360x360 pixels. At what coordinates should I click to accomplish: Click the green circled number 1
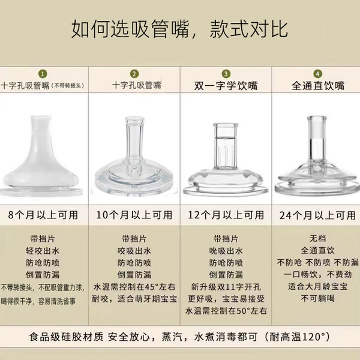(43, 74)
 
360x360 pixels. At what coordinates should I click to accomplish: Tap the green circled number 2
(134, 74)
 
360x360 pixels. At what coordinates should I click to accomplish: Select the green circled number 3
(226, 74)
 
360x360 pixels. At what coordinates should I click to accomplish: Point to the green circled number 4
(318, 74)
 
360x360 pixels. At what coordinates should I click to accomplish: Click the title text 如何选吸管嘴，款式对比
(179, 29)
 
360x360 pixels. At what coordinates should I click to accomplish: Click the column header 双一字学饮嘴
(226, 86)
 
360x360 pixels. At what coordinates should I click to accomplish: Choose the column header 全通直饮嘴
(318, 86)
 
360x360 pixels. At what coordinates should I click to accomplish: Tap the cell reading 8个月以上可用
(43, 215)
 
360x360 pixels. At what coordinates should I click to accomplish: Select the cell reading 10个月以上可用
(134, 215)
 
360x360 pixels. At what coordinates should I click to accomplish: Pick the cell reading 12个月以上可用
(226, 215)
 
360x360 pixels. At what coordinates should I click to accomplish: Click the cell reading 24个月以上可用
(318, 215)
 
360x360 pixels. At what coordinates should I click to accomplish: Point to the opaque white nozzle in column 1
(41, 156)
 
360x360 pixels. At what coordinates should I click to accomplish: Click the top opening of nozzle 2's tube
(134, 119)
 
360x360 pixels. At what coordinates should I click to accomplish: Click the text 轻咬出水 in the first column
(43, 251)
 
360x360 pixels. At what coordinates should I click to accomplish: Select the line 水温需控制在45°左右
(134, 287)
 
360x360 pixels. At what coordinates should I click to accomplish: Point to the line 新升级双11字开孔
(226, 287)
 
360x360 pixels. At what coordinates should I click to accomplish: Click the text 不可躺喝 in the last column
(318, 298)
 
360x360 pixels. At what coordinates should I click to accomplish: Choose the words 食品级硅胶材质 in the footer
(66, 337)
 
